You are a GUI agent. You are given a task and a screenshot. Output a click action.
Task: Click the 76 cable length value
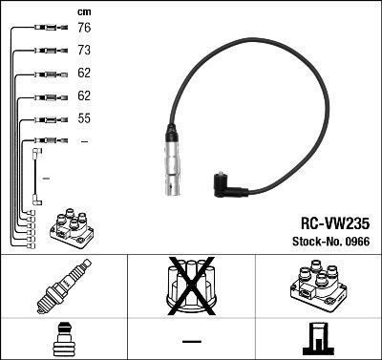tap(84, 28)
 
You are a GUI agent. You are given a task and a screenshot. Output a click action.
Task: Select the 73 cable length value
tap(84, 51)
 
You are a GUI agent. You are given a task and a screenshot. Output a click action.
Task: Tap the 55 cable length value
tap(84, 119)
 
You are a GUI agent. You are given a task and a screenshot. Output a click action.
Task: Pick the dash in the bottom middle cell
tap(191, 341)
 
